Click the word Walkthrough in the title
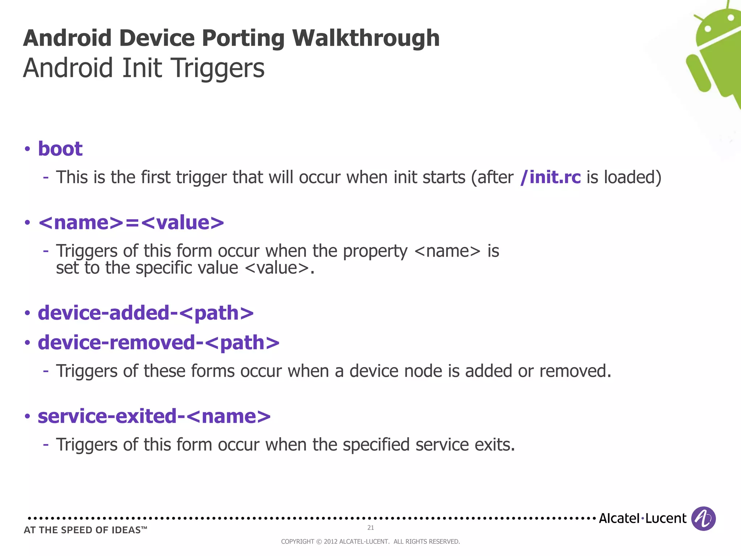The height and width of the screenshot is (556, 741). coord(366,38)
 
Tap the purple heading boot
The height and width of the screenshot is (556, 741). coord(60,149)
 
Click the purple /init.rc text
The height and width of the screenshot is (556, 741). coord(550,177)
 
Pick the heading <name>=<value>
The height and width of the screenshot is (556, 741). coord(131,222)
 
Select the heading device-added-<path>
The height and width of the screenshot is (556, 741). coord(146,313)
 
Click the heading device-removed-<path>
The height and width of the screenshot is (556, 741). coord(158,342)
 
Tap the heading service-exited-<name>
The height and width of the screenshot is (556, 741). coord(154,416)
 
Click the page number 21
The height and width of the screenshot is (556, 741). coord(370,528)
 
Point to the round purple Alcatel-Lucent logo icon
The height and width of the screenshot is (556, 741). coord(703,518)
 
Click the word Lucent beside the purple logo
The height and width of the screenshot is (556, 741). coord(666,518)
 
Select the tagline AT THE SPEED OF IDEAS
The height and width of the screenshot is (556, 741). coord(85,530)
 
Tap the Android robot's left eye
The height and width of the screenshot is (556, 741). coord(708,28)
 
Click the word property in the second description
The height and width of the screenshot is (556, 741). coord(375,251)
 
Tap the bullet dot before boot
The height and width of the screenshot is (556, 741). coord(27,149)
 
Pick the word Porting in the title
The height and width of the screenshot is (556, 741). coord(243,38)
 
